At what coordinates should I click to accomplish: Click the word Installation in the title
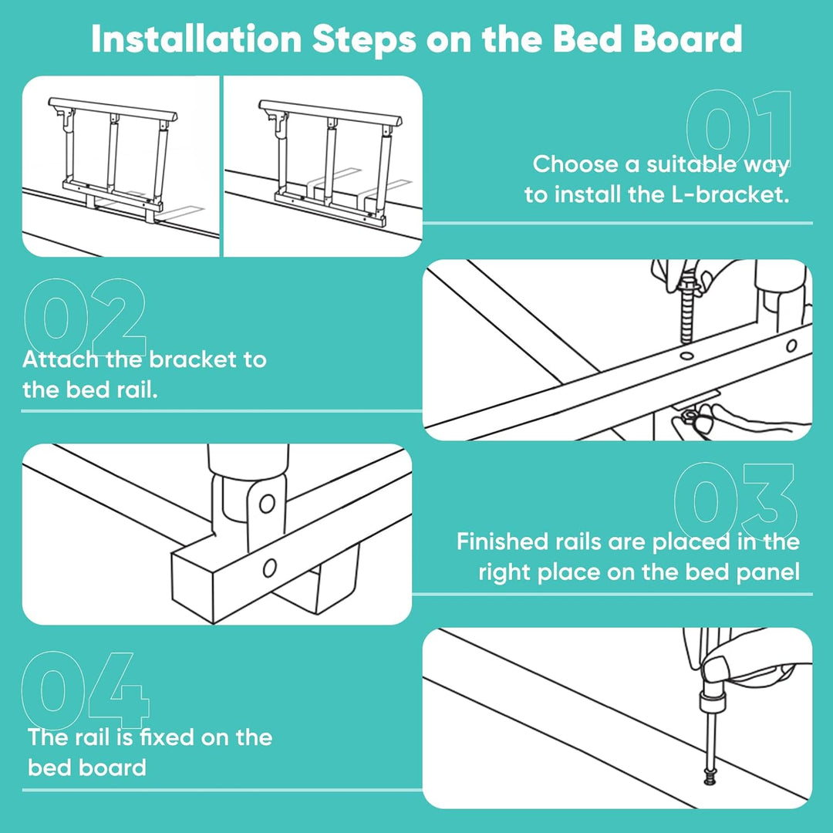click(196, 39)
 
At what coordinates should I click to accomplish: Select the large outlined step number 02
click(85, 317)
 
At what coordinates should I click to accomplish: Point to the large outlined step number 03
click(736, 501)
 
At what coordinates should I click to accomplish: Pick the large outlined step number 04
click(85, 690)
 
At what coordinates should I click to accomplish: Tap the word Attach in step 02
click(60, 359)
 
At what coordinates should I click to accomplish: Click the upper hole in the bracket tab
click(267, 503)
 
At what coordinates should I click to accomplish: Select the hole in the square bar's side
click(269, 568)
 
